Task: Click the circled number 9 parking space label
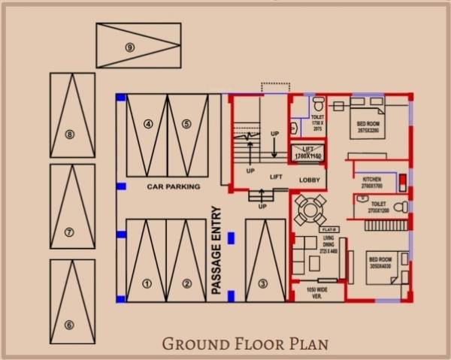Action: pyautogui.click(x=131, y=47)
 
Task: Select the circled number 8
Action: pyautogui.click(x=69, y=135)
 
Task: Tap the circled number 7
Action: pyautogui.click(x=69, y=232)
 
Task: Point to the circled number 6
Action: pyautogui.click(x=69, y=325)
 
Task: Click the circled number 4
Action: pyautogui.click(x=148, y=124)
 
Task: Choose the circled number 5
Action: pyautogui.click(x=186, y=124)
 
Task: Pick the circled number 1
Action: pyautogui.click(x=147, y=284)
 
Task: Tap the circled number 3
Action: pyautogui.click(x=262, y=283)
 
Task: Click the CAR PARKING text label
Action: pyautogui.click(x=174, y=186)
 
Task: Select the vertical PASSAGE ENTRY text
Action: pyautogui.click(x=216, y=250)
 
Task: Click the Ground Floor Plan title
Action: pyautogui.click(x=246, y=345)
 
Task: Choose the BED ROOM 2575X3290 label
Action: pyautogui.click(x=368, y=127)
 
